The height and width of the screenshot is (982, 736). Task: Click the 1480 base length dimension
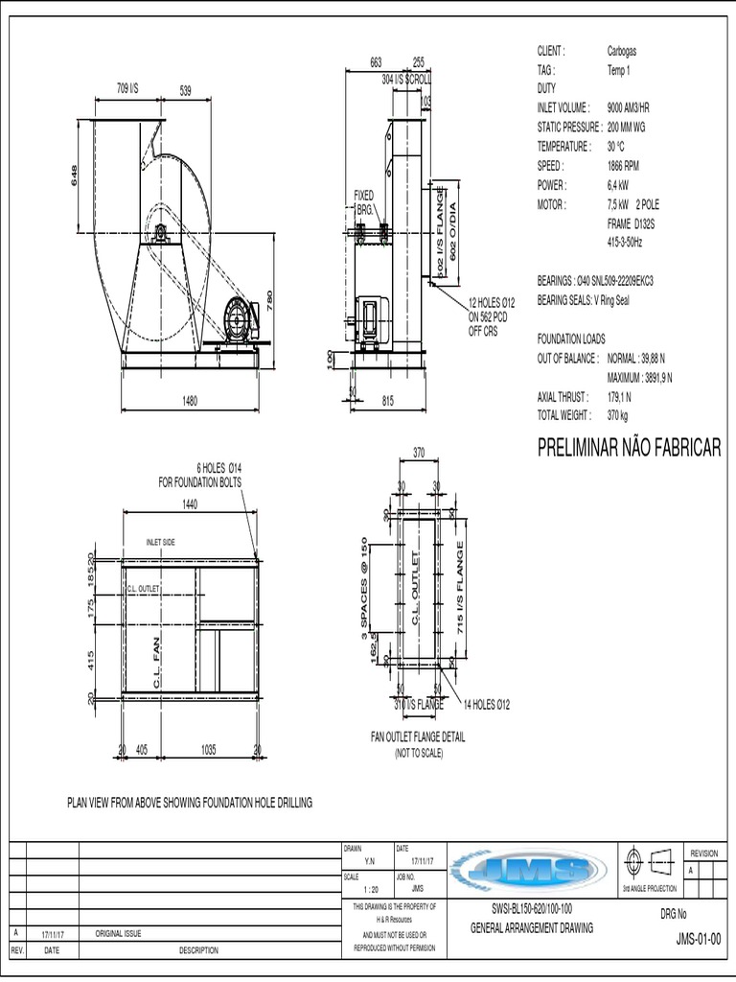[x=190, y=401]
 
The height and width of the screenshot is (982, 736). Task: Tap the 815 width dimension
[x=388, y=401]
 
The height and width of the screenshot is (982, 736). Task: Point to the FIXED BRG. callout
[x=364, y=201]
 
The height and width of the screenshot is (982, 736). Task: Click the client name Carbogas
[x=621, y=51]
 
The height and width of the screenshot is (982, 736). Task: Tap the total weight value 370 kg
[x=618, y=415]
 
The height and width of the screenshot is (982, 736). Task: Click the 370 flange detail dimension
[x=418, y=452]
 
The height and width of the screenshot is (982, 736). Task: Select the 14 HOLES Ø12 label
[x=487, y=705]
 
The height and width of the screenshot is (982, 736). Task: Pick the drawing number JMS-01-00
[x=698, y=939]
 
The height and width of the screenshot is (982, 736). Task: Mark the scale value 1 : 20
[x=369, y=889]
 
